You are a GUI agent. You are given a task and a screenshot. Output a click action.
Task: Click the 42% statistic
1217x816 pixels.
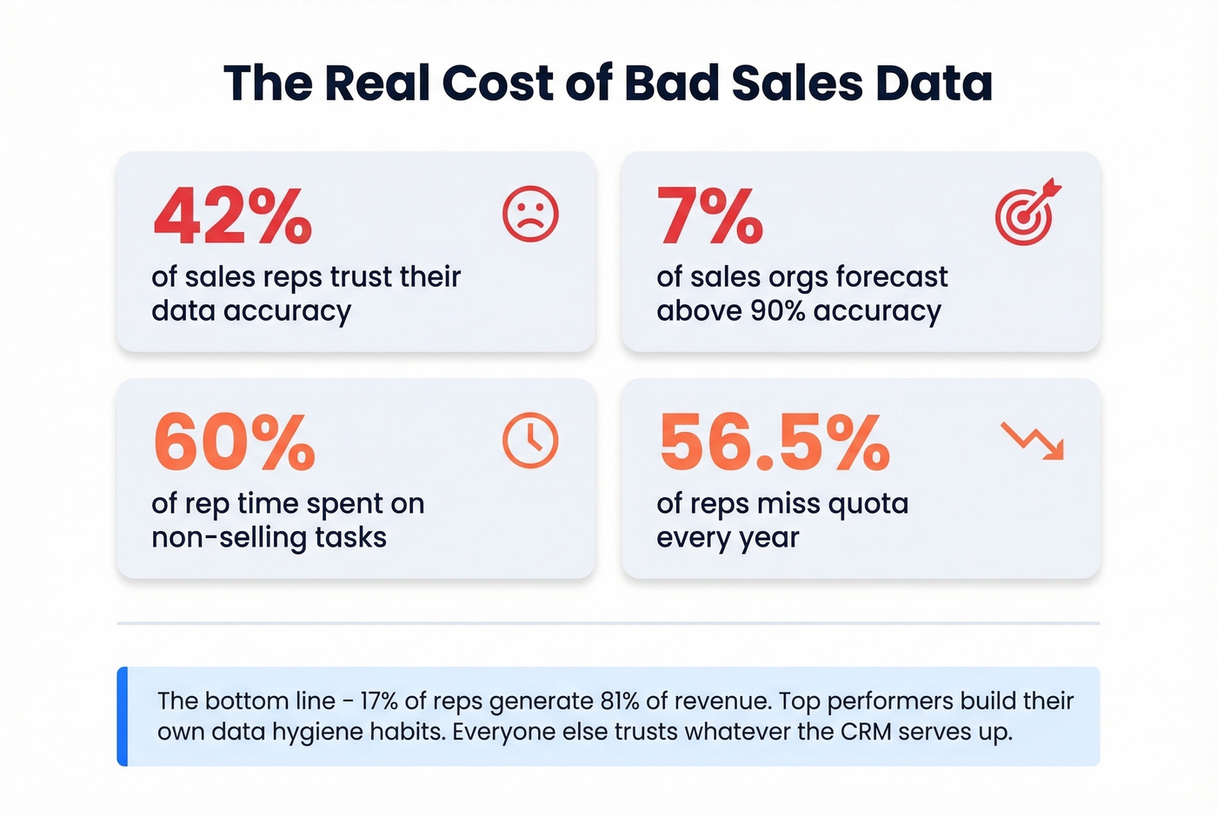232,216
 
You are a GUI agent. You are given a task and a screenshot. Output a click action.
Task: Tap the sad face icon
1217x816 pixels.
530,214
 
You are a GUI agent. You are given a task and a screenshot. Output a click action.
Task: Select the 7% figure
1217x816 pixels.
709,216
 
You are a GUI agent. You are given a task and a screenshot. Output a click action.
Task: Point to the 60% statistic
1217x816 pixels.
234,442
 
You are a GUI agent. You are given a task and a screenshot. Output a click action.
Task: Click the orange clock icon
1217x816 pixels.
530,441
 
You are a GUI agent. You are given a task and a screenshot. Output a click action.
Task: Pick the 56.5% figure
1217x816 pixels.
774,442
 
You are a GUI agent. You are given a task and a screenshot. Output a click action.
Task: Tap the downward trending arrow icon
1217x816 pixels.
1032,441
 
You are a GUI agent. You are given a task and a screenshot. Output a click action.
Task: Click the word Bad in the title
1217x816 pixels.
671,83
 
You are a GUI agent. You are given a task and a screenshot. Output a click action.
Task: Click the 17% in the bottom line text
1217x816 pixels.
382,701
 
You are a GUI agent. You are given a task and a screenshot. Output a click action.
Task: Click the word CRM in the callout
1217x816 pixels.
866,732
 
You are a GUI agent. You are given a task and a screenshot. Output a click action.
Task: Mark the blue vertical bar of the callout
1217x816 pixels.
123,716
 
